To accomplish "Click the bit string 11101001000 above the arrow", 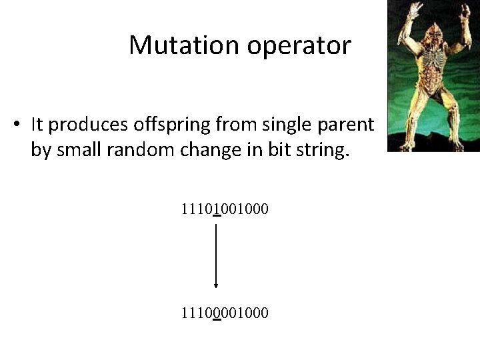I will point(224,209).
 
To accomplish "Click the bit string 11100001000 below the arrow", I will point(224,311).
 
